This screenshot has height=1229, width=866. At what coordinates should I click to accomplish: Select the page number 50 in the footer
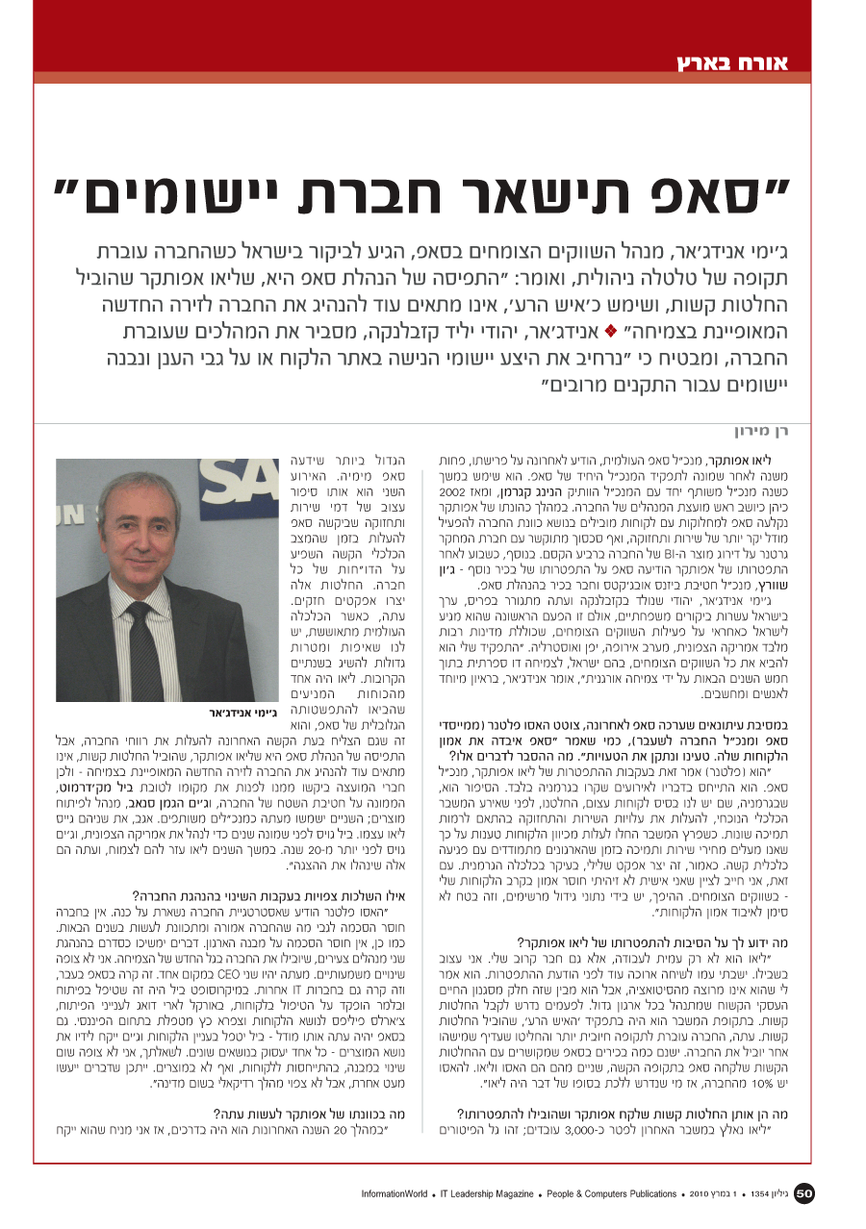coord(804,1194)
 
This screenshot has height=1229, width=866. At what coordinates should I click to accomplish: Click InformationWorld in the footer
coord(395,1194)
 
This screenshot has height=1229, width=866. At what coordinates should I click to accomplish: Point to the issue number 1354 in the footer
coord(762,1194)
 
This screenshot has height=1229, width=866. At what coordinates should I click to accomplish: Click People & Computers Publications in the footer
coord(612,1194)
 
